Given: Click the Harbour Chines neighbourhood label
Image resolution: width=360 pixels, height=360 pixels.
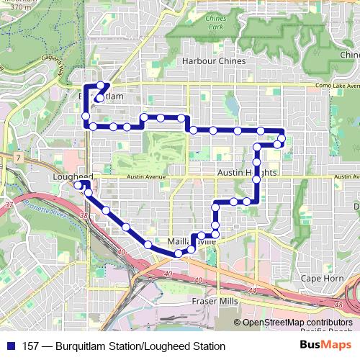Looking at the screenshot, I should click(214, 61).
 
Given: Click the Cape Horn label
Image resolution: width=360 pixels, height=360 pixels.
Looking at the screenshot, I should click(320, 278).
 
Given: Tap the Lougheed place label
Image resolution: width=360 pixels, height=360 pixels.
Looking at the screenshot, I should click(73, 176).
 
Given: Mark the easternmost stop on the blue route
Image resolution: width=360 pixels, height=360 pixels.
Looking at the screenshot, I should click(282, 138).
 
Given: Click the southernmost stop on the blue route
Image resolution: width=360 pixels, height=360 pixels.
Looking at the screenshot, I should click(177, 253).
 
